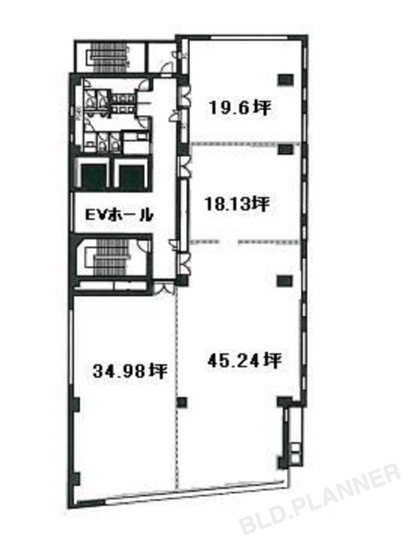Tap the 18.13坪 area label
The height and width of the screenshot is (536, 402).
pyautogui.click(x=237, y=204)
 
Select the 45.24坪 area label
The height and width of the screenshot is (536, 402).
pyautogui.click(x=244, y=360)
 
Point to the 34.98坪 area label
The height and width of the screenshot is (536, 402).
pyautogui.click(x=130, y=371)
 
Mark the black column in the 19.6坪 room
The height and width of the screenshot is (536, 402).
pyautogui.click(x=285, y=80)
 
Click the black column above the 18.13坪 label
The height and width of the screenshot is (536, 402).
pyautogui.click(x=285, y=149)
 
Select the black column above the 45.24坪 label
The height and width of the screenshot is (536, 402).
pyautogui.click(x=285, y=280)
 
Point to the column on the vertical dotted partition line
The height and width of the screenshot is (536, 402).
pyautogui.click(x=182, y=402)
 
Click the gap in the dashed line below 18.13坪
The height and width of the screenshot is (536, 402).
pyautogui.click(x=228, y=242)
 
